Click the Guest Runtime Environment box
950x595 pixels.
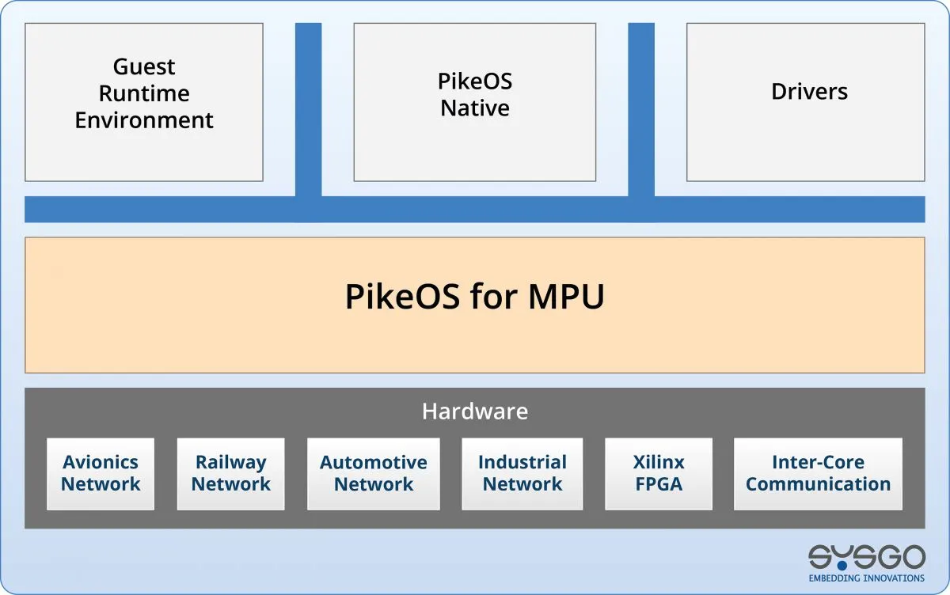[143, 101]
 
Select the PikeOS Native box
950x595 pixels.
[474, 101]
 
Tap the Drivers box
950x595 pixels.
[806, 101]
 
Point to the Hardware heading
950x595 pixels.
[474, 411]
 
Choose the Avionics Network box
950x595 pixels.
[101, 473]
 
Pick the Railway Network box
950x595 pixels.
[230, 473]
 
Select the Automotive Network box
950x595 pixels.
[373, 473]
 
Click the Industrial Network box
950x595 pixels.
[522, 473]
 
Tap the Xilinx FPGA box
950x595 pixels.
[658, 473]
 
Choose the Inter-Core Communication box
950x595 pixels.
[818, 473]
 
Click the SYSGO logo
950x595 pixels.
[866, 557]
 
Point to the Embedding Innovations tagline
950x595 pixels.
[866, 578]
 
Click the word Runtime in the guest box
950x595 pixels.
[143, 93]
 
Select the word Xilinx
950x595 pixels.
[658, 462]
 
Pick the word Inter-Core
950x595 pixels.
[818, 462]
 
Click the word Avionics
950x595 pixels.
[101, 462]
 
